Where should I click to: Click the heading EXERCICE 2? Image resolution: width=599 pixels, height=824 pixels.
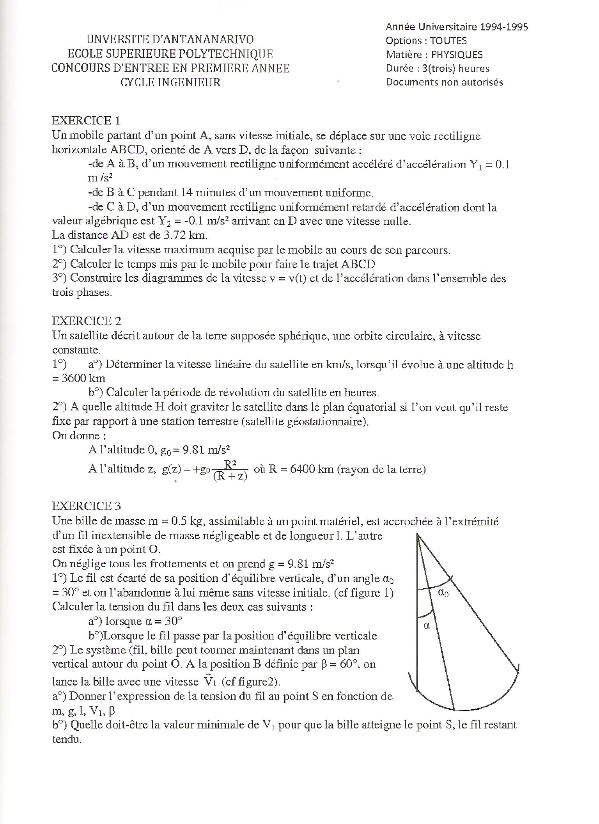coord(87,321)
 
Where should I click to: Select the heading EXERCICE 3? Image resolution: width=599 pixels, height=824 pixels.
coord(87,506)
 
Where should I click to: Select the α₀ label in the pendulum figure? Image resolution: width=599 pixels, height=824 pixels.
coord(443,593)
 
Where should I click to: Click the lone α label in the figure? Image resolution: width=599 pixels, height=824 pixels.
coord(426,626)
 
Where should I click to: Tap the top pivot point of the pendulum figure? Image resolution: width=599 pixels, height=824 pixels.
coord(418,535)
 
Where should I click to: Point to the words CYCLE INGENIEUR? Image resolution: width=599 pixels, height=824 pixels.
coord(170,82)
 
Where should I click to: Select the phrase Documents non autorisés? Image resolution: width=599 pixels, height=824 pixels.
coord(444,82)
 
